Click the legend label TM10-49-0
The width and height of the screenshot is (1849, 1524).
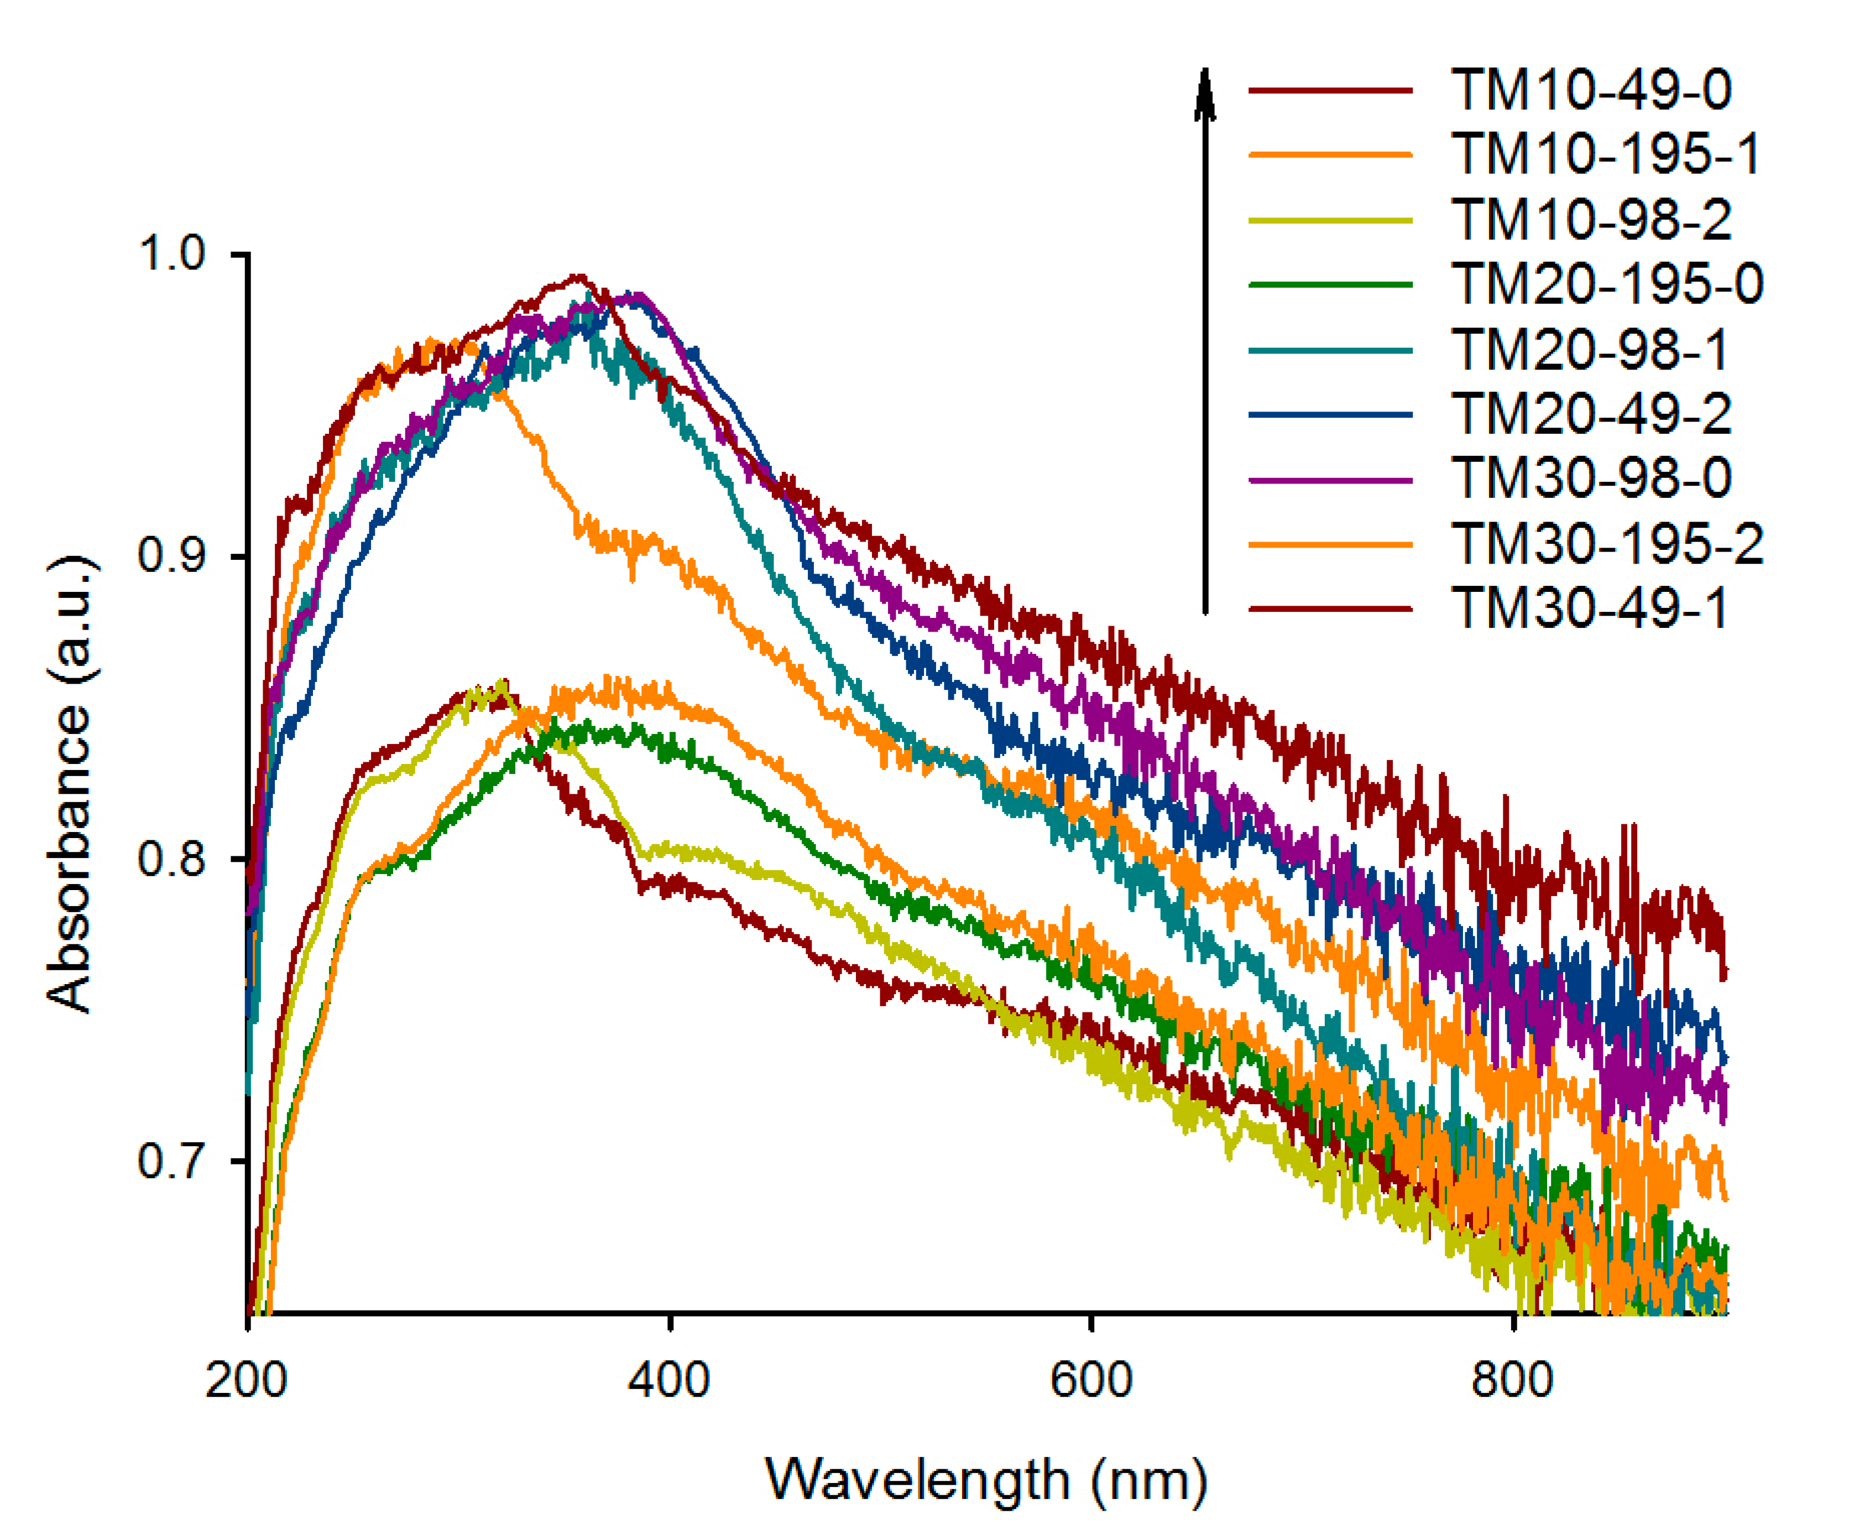coord(1590,90)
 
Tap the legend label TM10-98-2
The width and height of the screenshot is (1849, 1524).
coord(1590,220)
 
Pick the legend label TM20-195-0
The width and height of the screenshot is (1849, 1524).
coord(1606,284)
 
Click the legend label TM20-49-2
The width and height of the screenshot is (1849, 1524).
coord(1590,413)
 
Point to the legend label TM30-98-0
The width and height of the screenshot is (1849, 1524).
coord(1590,478)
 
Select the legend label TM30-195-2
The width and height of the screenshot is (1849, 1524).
coord(1606,543)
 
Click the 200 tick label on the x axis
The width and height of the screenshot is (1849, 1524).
coord(247,1381)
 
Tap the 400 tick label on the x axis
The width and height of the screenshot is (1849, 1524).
coord(668,1381)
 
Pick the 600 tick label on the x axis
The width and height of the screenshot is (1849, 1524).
coord(1091,1381)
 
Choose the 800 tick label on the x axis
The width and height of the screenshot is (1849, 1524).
coord(1513,1381)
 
